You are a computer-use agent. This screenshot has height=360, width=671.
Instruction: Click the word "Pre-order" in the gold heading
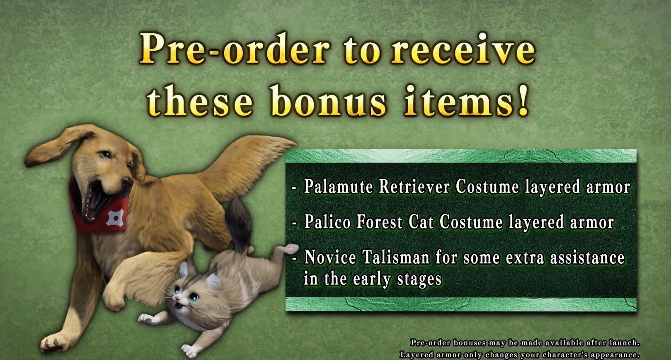tap(235, 49)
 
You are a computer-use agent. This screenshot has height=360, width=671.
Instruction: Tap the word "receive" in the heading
tap(463, 49)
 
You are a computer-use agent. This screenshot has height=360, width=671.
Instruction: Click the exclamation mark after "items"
tap(523, 100)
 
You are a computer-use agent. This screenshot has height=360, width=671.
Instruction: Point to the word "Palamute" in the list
tap(339, 187)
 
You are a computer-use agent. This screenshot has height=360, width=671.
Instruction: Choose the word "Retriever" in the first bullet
tap(414, 187)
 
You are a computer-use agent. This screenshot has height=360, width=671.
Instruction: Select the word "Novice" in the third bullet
tap(330, 257)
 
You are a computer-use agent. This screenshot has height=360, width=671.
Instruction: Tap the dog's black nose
tap(127, 182)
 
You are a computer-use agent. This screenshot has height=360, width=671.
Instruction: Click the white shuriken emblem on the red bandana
tap(113, 217)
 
